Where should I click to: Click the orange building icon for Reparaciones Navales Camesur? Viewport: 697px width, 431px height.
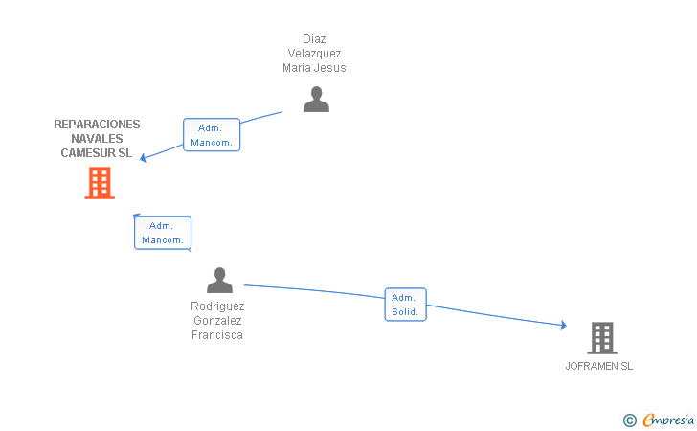click(x=100, y=183)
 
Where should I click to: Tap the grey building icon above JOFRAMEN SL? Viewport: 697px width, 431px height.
click(x=602, y=338)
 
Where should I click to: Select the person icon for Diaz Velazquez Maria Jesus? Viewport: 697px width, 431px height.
click(x=316, y=100)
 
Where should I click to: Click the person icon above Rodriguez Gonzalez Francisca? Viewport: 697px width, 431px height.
click(x=219, y=280)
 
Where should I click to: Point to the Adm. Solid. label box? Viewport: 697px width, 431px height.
click(x=405, y=305)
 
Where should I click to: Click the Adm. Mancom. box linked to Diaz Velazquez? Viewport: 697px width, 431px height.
click(x=212, y=135)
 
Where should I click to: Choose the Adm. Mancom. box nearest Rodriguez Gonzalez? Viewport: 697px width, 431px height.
click(x=163, y=233)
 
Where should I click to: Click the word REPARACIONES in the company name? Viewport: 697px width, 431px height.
click(x=97, y=125)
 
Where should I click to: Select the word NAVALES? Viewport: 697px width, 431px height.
click(x=97, y=138)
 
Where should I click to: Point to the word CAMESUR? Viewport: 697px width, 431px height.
click(x=88, y=153)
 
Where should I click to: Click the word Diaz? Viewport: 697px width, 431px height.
click(x=314, y=39)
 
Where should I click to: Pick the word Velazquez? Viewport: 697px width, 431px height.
click(x=314, y=54)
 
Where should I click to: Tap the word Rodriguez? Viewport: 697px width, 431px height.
click(x=217, y=306)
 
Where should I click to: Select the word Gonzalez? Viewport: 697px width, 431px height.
click(x=217, y=321)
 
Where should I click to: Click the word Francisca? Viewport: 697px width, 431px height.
click(x=217, y=335)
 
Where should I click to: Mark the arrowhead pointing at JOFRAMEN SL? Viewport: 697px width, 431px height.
click(x=563, y=325)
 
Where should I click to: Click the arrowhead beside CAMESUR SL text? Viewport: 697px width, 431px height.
click(x=144, y=157)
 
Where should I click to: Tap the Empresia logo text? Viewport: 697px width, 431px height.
click(x=668, y=420)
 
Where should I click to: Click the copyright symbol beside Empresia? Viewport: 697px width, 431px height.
click(x=630, y=420)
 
